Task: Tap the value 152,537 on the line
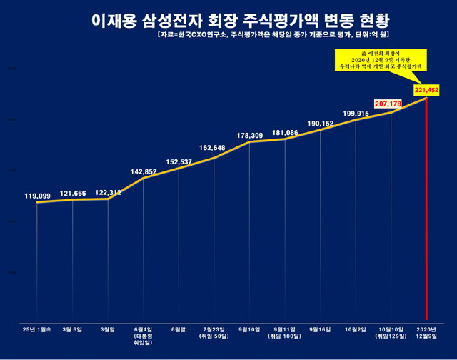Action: coord(179,161)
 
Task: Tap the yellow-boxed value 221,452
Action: coord(426,89)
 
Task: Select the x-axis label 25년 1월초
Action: coord(37,329)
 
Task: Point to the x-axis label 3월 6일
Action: coord(72,329)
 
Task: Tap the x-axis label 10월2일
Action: coord(356,329)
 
